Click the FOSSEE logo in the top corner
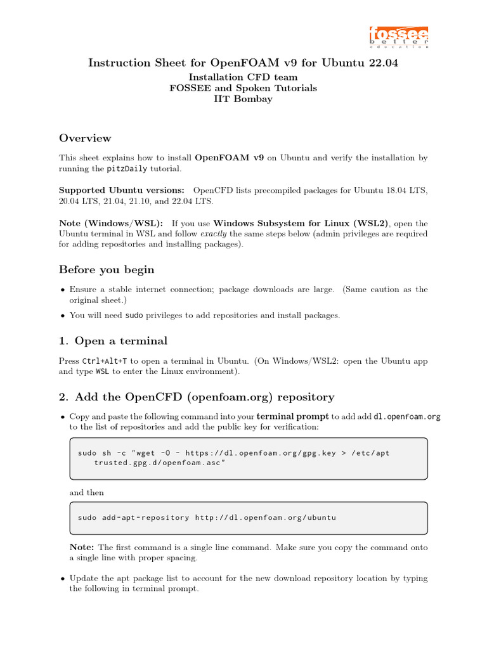[399, 37]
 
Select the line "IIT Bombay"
[243, 99]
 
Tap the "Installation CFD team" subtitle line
[243, 77]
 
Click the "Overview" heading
[85, 138]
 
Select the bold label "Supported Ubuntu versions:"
[122, 190]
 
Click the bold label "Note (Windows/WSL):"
[111, 223]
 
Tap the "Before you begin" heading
[107, 270]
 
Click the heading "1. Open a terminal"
[113, 341]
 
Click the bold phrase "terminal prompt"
[292, 417]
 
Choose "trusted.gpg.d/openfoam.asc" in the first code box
[159, 463]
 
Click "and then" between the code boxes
[86, 492]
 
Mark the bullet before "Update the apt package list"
[62, 579]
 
